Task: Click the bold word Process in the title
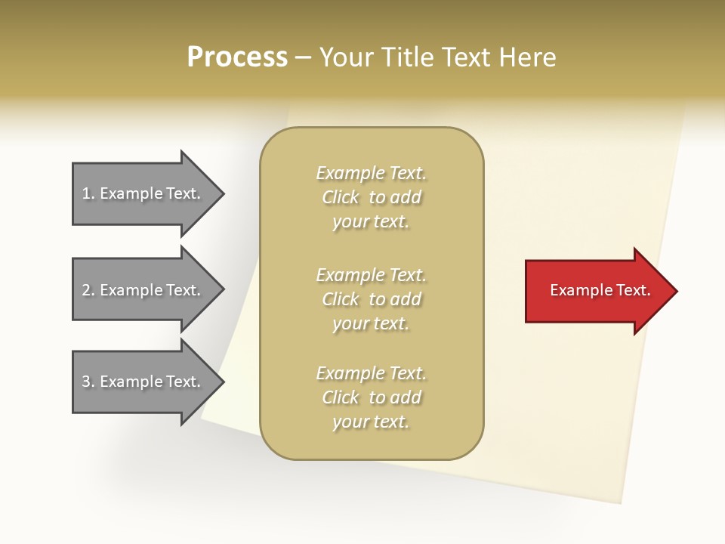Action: [x=237, y=57]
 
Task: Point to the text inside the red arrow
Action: [x=600, y=290]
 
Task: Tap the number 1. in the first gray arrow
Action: [x=88, y=193]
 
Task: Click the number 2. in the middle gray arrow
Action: [x=88, y=290]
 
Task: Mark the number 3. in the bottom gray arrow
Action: [x=88, y=382]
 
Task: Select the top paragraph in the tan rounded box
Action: [x=371, y=197]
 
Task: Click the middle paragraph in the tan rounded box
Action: [x=371, y=299]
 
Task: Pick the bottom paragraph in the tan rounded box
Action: [x=371, y=397]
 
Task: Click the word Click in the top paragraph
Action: [x=341, y=197]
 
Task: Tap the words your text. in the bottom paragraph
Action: [x=371, y=422]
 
